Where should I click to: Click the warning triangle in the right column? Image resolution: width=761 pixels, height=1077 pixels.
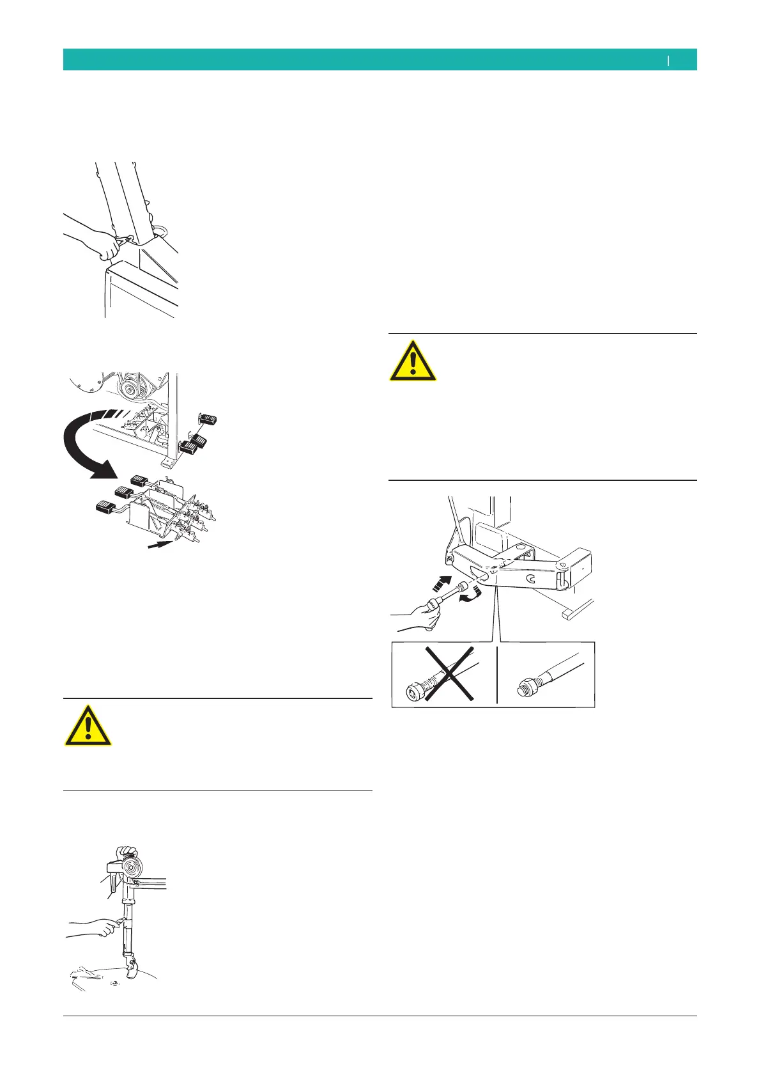click(413, 362)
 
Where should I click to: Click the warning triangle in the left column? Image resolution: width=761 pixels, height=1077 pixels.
click(88, 727)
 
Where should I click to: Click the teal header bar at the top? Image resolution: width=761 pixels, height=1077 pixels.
click(380, 59)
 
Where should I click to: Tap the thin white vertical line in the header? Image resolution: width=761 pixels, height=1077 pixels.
click(668, 60)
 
